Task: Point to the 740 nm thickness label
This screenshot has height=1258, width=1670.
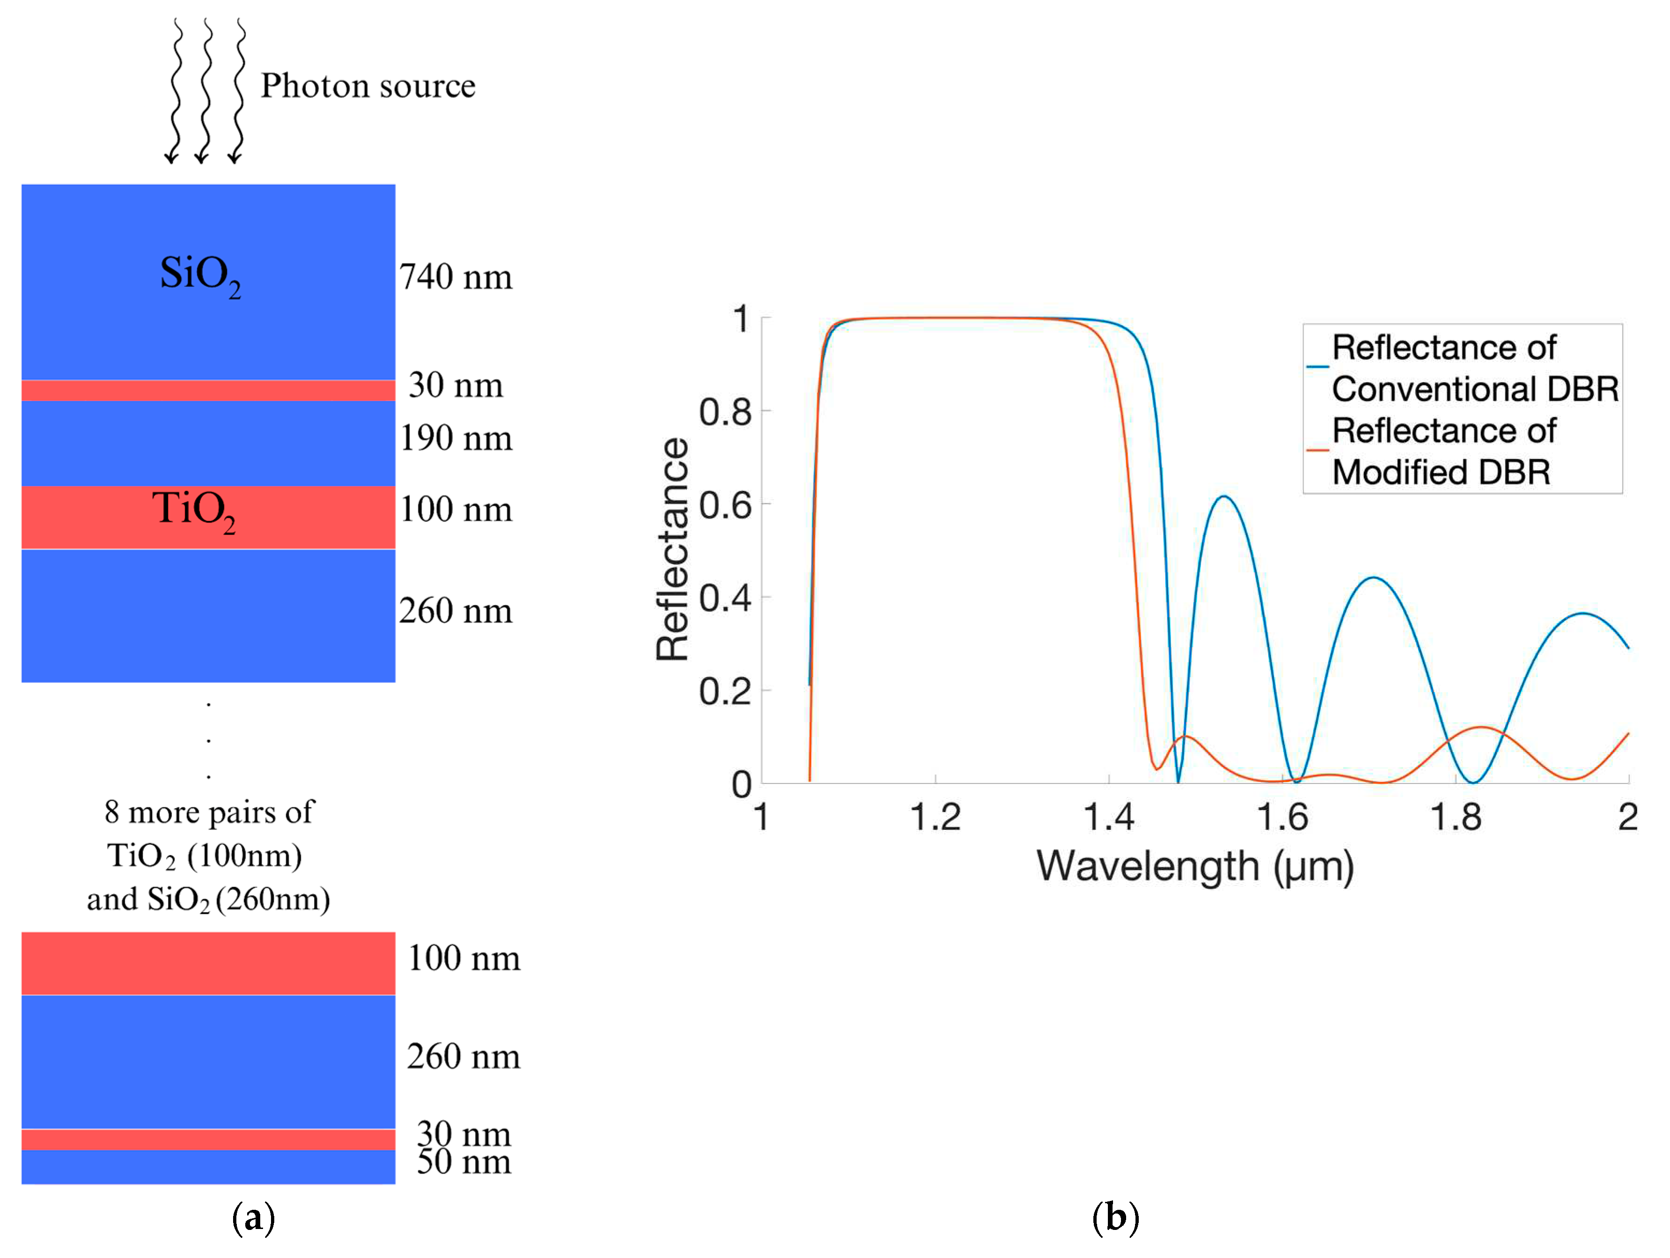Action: coord(455,277)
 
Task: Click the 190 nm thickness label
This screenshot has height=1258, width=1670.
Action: coord(455,439)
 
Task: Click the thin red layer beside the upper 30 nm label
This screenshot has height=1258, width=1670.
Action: coord(208,390)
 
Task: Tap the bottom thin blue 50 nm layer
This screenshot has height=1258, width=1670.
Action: coord(208,1167)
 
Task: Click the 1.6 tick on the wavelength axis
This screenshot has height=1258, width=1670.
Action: coord(1282,817)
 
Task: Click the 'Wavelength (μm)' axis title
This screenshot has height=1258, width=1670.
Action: coord(1195,866)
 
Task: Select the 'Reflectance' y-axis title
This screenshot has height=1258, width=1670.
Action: coord(672,550)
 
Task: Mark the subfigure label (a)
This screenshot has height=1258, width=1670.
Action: coord(253,1218)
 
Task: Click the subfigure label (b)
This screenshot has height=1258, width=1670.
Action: coord(1115,1218)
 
